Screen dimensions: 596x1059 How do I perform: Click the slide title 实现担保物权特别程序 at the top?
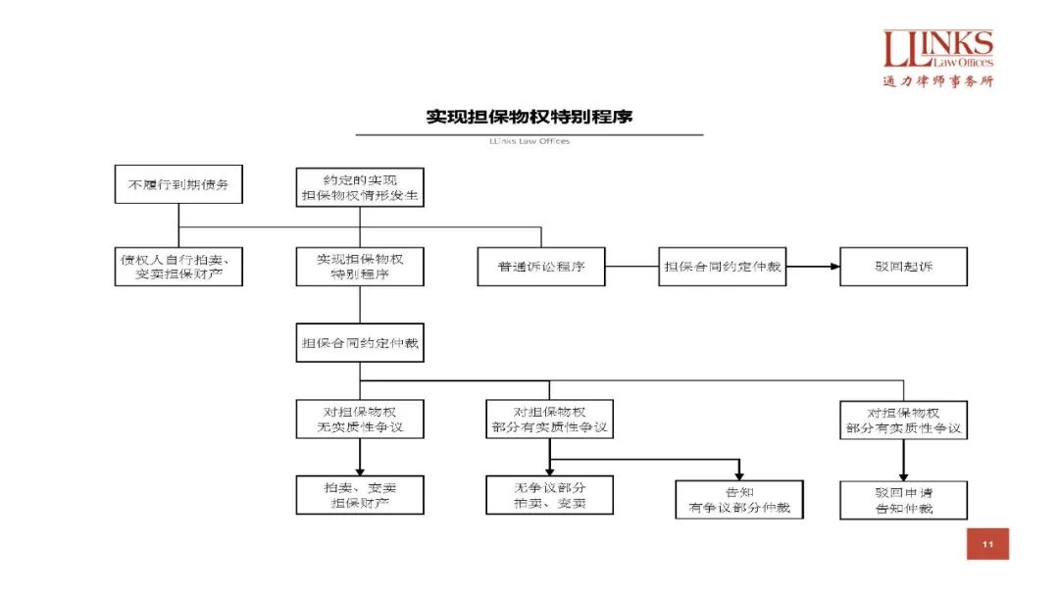(529, 117)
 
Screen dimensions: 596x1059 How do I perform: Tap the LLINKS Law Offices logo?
(938, 50)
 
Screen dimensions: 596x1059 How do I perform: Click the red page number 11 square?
(987, 544)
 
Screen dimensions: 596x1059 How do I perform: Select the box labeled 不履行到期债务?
(178, 184)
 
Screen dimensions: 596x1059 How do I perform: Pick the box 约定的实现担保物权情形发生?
(360, 187)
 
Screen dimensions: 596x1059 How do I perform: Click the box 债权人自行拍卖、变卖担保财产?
(178, 267)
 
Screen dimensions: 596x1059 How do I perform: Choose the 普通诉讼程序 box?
(541, 267)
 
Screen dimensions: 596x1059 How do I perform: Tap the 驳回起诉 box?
(903, 267)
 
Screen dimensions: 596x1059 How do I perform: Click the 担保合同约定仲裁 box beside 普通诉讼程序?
(723, 267)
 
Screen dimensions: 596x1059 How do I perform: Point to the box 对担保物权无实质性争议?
(360, 420)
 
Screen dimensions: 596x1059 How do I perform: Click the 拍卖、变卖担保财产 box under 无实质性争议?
(360, 495)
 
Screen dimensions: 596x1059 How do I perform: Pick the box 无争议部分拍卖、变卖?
(550, 495)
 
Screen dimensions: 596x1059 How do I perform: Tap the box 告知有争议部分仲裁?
(738, 499)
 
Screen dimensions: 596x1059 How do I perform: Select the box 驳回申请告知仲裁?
(903, 499)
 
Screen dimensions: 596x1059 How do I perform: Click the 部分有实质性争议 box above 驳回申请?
(903, 420)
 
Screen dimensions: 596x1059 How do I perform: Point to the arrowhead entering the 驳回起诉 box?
(833, 267)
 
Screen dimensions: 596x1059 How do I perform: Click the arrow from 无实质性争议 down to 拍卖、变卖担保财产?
(360, 457)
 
